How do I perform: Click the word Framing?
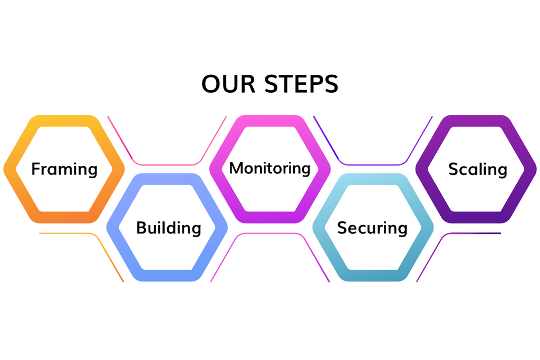pos(64,169)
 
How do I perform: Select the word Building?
pos(168,228)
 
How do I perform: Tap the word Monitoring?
pos(269,168)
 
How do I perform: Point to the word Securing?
pos(372,228)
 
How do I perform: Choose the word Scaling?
pos(477,169)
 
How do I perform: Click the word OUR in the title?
pos(222,85)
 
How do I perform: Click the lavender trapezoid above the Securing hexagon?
pos(373,140)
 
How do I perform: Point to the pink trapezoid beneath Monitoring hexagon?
pos(269,258)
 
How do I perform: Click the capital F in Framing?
pos(36,169)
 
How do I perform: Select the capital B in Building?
pos(141,228)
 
